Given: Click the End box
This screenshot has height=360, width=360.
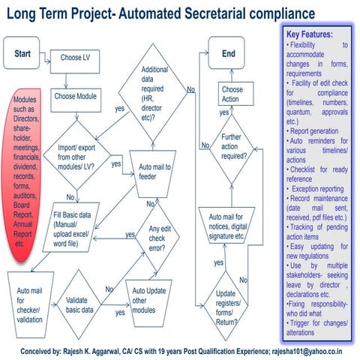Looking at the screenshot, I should click(x=228, y=54).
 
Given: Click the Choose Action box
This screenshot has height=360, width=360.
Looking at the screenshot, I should click(x=232, y=94).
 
